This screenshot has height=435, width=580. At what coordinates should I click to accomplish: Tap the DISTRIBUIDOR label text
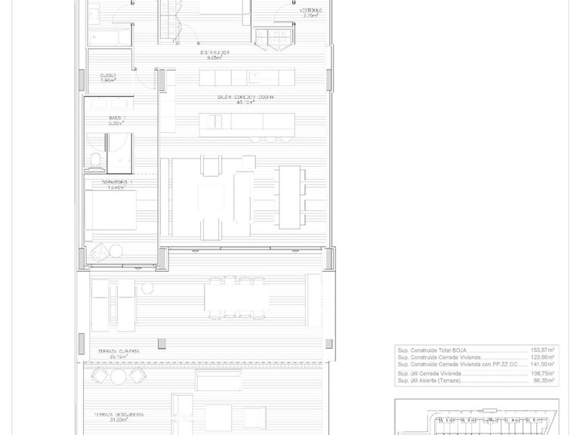point(214,53)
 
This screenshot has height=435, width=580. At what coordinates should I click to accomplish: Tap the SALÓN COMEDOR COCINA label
point(245,99)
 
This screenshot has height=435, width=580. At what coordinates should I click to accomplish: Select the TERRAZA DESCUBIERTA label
point(119,415)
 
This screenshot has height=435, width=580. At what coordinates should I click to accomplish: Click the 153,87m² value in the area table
point(541,350)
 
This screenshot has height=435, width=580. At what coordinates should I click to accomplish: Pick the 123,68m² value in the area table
point(541,357)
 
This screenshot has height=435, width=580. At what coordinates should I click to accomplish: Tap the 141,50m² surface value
point(541,364)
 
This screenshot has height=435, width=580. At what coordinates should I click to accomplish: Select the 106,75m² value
point(541,373)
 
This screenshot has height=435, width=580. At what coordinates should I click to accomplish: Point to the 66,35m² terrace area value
point(543,380)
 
